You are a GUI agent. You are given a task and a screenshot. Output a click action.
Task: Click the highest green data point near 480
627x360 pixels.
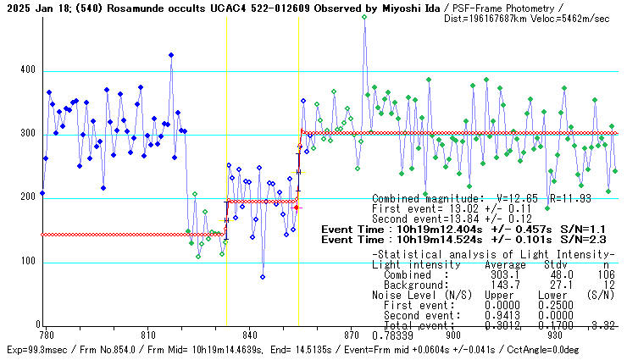tap(364, 16)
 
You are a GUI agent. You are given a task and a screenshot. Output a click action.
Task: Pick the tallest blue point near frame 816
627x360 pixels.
tap(171, 55)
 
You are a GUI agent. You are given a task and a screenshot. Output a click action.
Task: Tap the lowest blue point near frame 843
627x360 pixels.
tap(263, 277)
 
